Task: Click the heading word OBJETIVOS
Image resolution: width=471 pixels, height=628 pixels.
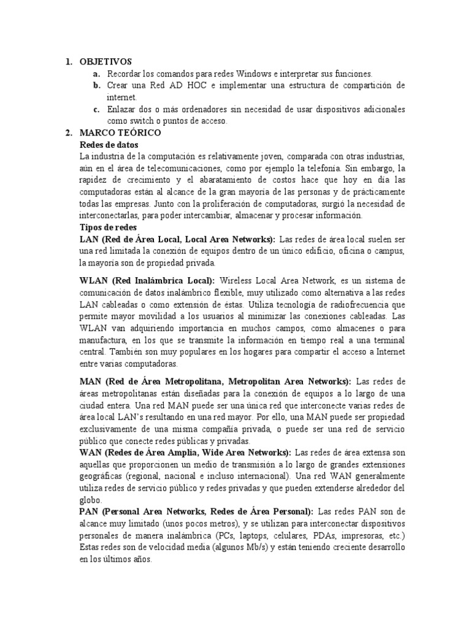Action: pos(105,61)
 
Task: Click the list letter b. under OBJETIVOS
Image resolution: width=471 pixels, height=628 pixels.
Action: pos(97,85)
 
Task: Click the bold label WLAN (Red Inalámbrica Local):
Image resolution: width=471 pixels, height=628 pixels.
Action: pos(147,280)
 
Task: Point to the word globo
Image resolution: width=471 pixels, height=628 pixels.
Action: pos(90,500)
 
